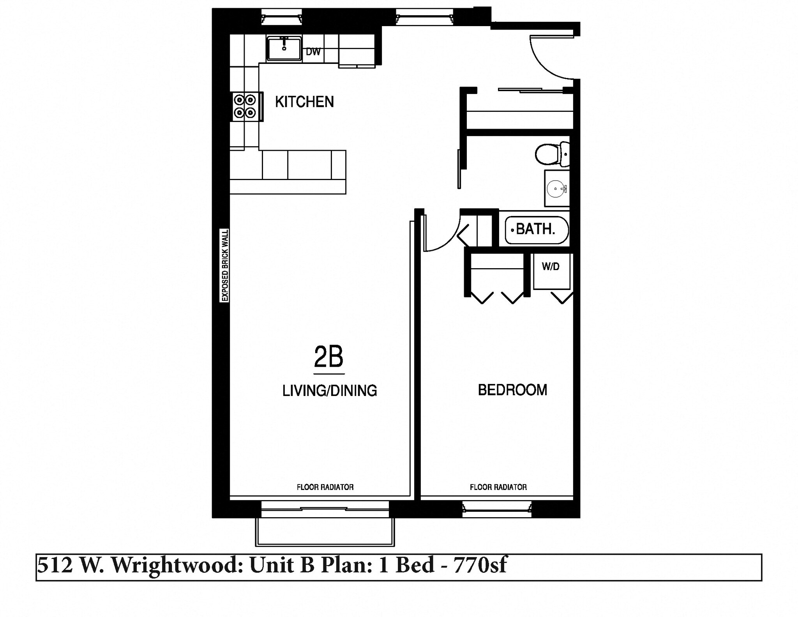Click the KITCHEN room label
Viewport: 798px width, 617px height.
pos(304,102)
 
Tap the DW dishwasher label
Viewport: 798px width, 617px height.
pos(313,52)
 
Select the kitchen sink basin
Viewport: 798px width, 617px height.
pos(284,49)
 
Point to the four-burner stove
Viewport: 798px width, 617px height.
pos(245,106)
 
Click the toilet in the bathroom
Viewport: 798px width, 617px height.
pos(551,154)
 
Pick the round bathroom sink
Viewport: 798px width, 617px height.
pos(555,189)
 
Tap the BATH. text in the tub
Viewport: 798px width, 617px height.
pos(536,229)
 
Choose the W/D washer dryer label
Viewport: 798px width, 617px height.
pos(551,267)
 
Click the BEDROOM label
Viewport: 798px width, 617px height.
pos(512,390)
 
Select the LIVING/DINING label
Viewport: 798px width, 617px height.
pos(330,391)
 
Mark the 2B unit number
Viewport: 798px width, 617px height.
pos(328,357)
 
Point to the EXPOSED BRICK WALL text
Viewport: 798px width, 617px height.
pos(225,265)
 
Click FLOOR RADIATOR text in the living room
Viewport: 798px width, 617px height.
pos(325,487)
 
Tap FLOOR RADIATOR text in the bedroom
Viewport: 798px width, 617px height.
pos(498,487)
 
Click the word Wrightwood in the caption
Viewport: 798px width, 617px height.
pos(176,566)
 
